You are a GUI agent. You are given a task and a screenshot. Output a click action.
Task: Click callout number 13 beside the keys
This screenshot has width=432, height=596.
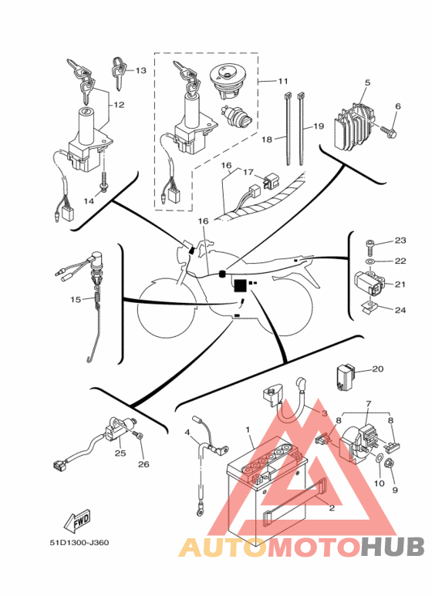tap(140, 70)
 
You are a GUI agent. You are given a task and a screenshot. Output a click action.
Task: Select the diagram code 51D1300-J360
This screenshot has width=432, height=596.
tap(79, 543)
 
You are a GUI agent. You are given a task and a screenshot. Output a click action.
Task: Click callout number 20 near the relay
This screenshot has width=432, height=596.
tap(378, 369)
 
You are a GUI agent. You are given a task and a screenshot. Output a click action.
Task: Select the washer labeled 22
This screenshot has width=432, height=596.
tap(370, 261)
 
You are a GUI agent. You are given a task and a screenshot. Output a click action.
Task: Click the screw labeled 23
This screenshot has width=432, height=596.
tap(370, 244)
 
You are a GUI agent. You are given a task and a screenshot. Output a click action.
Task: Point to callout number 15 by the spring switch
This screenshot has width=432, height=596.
tap(76, 299)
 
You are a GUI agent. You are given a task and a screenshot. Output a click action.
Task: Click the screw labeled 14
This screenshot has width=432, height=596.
tap(103, 181)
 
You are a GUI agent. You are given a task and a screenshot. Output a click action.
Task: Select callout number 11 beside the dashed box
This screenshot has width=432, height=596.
tap(283, 81)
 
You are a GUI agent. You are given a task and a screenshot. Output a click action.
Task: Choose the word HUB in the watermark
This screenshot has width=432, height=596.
tap(393, 547)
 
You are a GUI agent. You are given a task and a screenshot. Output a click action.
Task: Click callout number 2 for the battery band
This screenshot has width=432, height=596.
tap(332, 508)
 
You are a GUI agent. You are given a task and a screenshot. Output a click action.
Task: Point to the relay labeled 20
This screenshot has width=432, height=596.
tap(346, 377)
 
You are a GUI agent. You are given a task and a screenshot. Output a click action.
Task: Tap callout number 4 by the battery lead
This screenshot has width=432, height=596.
tap(187, 433)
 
